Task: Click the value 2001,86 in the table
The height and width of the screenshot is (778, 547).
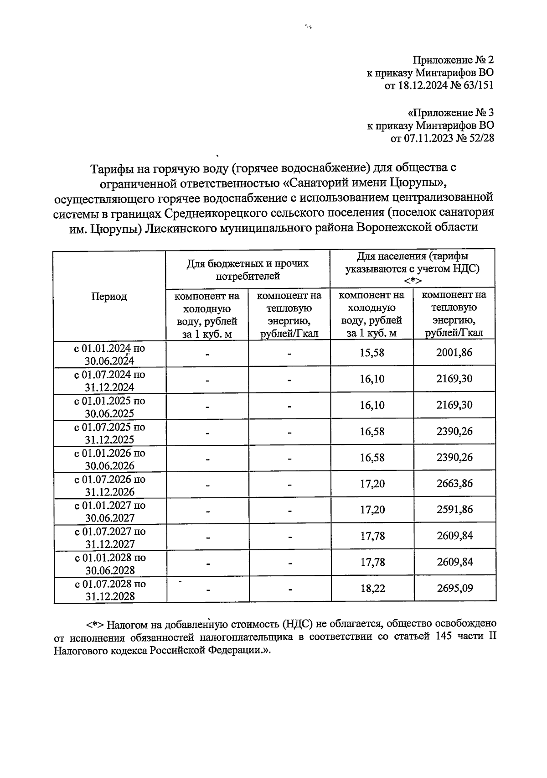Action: point(454,352)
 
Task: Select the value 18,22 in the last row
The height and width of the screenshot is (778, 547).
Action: point(372,589)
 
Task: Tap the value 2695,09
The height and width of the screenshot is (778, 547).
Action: point(454,589)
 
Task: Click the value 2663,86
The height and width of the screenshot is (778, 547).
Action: point(454,484)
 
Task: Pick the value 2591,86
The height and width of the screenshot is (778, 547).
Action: point(454,510)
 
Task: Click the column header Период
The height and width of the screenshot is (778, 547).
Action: point(109,297)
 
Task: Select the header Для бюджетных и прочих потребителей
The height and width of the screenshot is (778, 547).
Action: point(248,270)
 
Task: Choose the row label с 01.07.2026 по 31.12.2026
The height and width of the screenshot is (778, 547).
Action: point(110,486)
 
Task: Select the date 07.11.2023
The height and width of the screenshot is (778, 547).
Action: point(427,138)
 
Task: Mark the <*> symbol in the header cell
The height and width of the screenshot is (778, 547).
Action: point(413,280)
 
